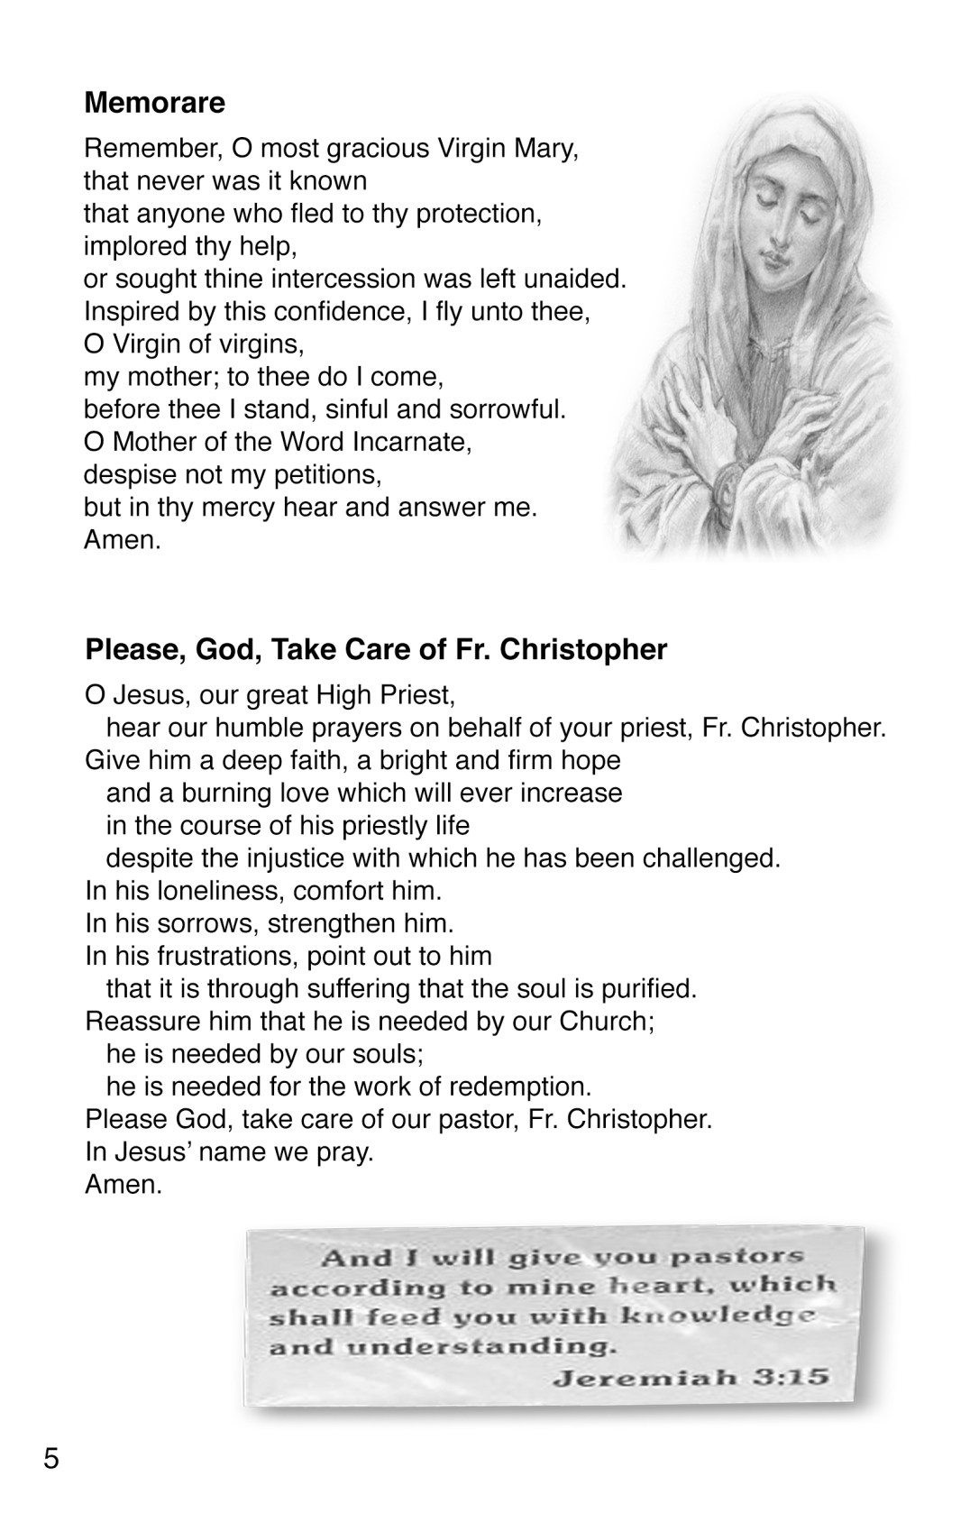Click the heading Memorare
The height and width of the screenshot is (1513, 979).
(x=154, y=103)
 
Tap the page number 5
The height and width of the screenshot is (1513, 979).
(x=51, y=1457)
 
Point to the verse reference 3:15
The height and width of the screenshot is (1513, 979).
(x=792, y=1378)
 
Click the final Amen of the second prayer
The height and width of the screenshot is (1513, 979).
(x=124, y=1184)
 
